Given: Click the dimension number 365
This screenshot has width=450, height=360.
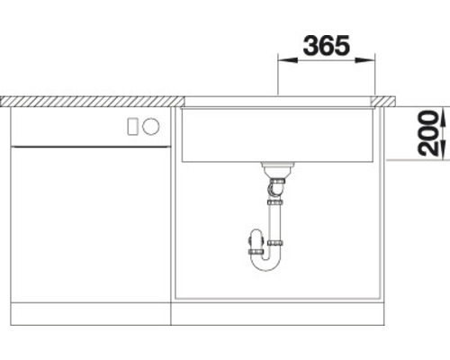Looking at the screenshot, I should click(x=325, y=45).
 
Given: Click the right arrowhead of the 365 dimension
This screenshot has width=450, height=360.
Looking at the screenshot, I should click(x=370, y=61).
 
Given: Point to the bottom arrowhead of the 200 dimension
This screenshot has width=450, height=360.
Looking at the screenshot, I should click(x=419, y=154).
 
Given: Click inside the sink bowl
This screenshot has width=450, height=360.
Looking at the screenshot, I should click(x=279, y=130).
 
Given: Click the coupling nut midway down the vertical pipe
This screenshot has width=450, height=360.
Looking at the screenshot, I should click(x=275, y=243).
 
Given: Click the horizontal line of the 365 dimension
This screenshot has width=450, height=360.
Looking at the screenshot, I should click(x=325, y=61).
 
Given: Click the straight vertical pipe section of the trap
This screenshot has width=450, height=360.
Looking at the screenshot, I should click(x=275, y=220).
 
